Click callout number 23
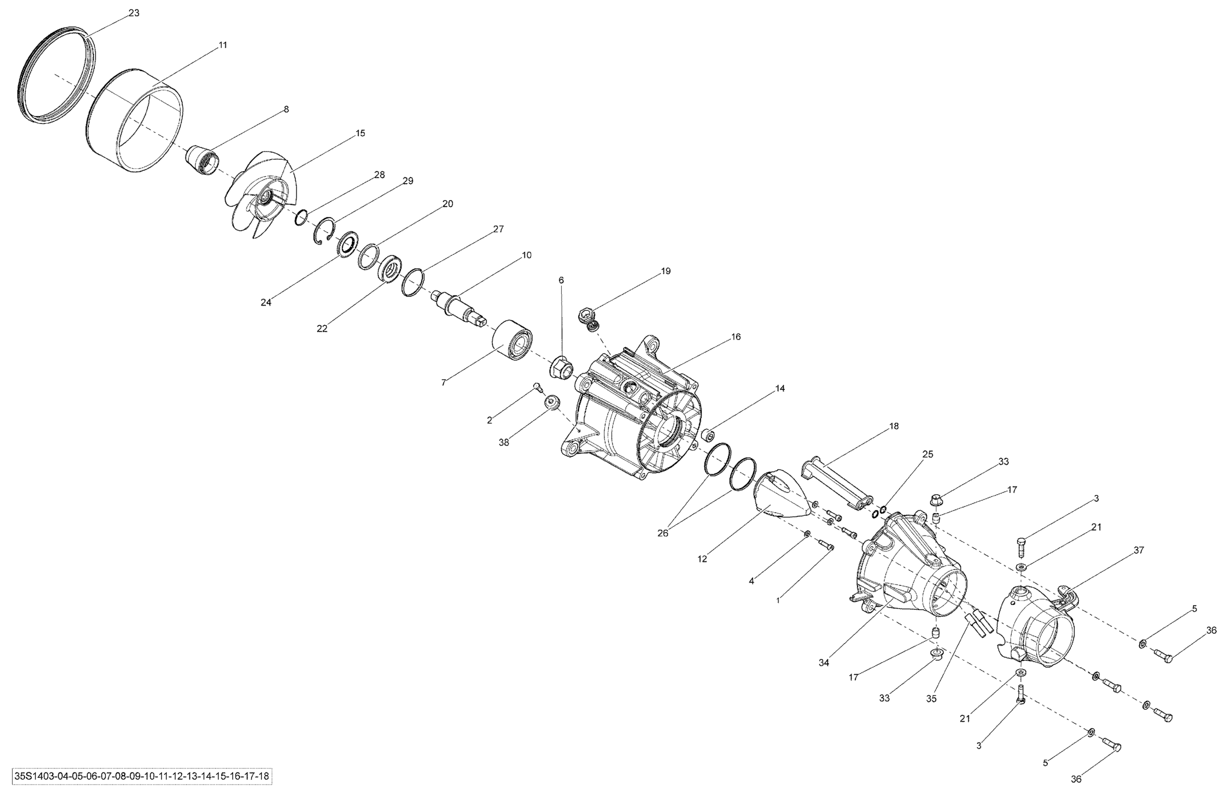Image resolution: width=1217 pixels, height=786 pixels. pyautogui.click(x=134, y=13)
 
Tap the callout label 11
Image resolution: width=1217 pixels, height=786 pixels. pyautogui.click(x=222, y=45)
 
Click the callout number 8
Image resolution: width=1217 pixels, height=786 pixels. pyautogui.click(x=286, y=109)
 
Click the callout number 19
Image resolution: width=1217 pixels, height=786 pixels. pyautogui.click(x=665, y=271)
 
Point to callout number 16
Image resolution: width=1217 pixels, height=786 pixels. pyautogui.click(x=735, y=337)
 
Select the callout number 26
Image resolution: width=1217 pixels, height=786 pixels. pyautogui.click(x=662, y=534)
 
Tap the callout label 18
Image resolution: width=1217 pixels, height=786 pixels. pyautogui.click(x=893, y=426)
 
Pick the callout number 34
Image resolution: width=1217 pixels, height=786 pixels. pyautogui.click(x=824, y=663)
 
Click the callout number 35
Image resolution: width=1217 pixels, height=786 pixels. pyautogui.click(x=931, y=699)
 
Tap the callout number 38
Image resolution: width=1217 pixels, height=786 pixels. pyautogui.click(x=504, y=442)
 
